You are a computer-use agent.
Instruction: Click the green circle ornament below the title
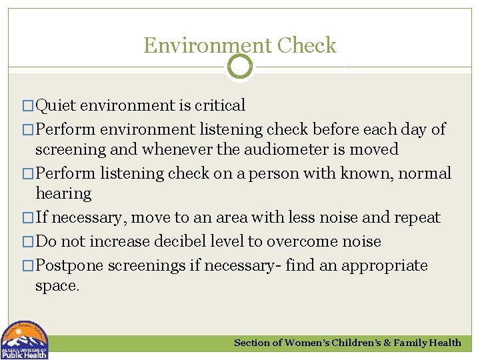click(x=240, y=67)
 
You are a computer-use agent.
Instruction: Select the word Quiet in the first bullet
click(x=56, y=105)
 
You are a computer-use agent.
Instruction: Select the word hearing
click(x=63, y=193)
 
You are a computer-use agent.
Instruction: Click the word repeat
click(x=416, y=217)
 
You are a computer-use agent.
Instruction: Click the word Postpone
click(x=69, y=265)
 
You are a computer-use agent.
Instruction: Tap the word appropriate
click(x=385, y=265)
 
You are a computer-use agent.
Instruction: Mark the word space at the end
click(x=57, y=286)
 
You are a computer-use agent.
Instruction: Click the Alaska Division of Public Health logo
click(x=25, y=340)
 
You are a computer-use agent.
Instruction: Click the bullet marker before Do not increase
click(x=27, y=242)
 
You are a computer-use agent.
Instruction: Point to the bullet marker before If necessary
click(x=27, y=218)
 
